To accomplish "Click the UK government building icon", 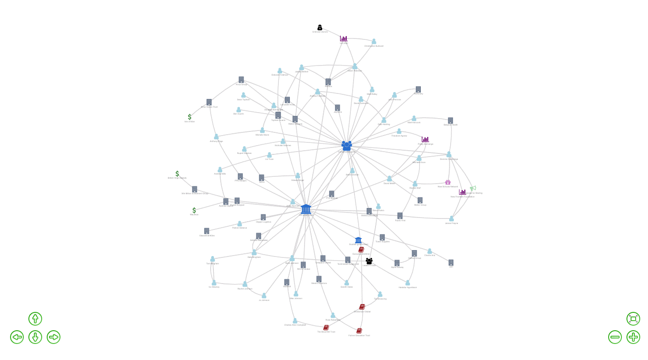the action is point(306,209).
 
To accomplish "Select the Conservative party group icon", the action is point(347,146).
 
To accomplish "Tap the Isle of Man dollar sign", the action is point(190,117).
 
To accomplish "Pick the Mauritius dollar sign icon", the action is point(194,210).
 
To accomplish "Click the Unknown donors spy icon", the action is point(320,27).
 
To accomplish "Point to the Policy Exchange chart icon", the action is point(425,139).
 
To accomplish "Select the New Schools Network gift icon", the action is point(448,182).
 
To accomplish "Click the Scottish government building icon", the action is point(358,240).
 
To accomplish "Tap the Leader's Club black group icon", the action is point(369,261).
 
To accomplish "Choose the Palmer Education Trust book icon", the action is point(359,331).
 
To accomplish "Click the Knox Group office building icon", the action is point(241,80).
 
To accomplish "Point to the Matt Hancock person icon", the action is point(414,118).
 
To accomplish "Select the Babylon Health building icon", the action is point(451,120).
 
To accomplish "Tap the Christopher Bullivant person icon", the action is point(374,41).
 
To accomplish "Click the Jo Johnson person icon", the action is point(264,295).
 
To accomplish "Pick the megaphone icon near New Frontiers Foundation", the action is point(473,188).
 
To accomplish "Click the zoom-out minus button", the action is point(615,337).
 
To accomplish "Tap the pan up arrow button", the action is point(35,319).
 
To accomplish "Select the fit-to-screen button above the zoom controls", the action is point(633,319).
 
